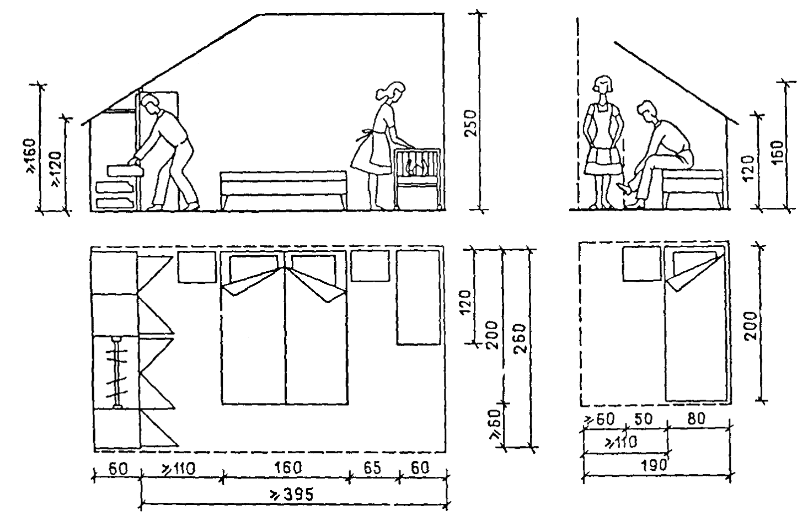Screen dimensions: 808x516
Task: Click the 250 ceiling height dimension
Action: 470,123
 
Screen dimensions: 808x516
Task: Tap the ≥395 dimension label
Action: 292,494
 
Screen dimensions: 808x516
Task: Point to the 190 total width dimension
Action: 654,465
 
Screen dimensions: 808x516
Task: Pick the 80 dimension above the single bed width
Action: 696,418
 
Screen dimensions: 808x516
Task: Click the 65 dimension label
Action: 372,467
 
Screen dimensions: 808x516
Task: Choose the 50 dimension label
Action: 644,419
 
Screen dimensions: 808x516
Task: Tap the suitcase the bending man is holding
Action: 124,170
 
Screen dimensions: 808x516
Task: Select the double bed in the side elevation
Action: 283,190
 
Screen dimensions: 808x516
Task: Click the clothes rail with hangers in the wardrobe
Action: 117,373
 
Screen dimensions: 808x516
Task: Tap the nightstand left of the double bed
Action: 196,267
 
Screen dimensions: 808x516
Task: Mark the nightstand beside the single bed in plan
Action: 641,263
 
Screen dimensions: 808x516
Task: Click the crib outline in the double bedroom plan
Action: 419,298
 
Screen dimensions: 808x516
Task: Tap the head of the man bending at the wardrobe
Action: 149,104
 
